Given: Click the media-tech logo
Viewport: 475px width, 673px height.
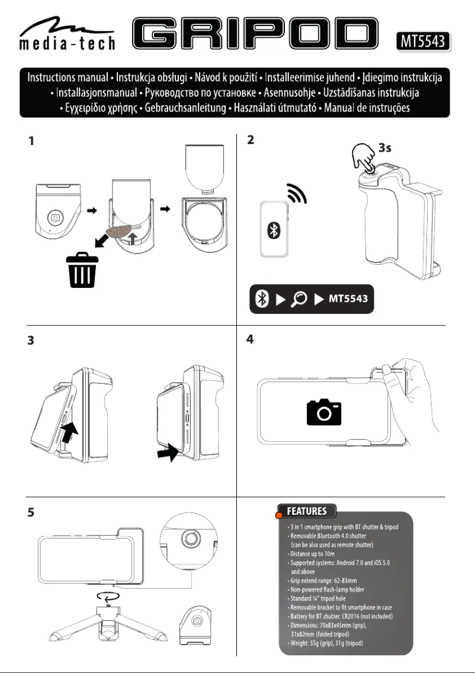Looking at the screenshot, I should tap(65, 34).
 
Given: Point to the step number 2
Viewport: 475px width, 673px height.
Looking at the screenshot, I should tap(251, 142).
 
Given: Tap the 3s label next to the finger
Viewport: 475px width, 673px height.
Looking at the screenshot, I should tap(385, 148).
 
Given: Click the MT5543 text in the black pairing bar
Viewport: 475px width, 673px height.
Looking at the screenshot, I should tap(348, 298).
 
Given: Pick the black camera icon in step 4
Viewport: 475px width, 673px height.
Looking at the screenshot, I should tap(324, 412).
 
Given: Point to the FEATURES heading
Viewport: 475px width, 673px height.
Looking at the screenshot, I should tap(307, 511).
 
